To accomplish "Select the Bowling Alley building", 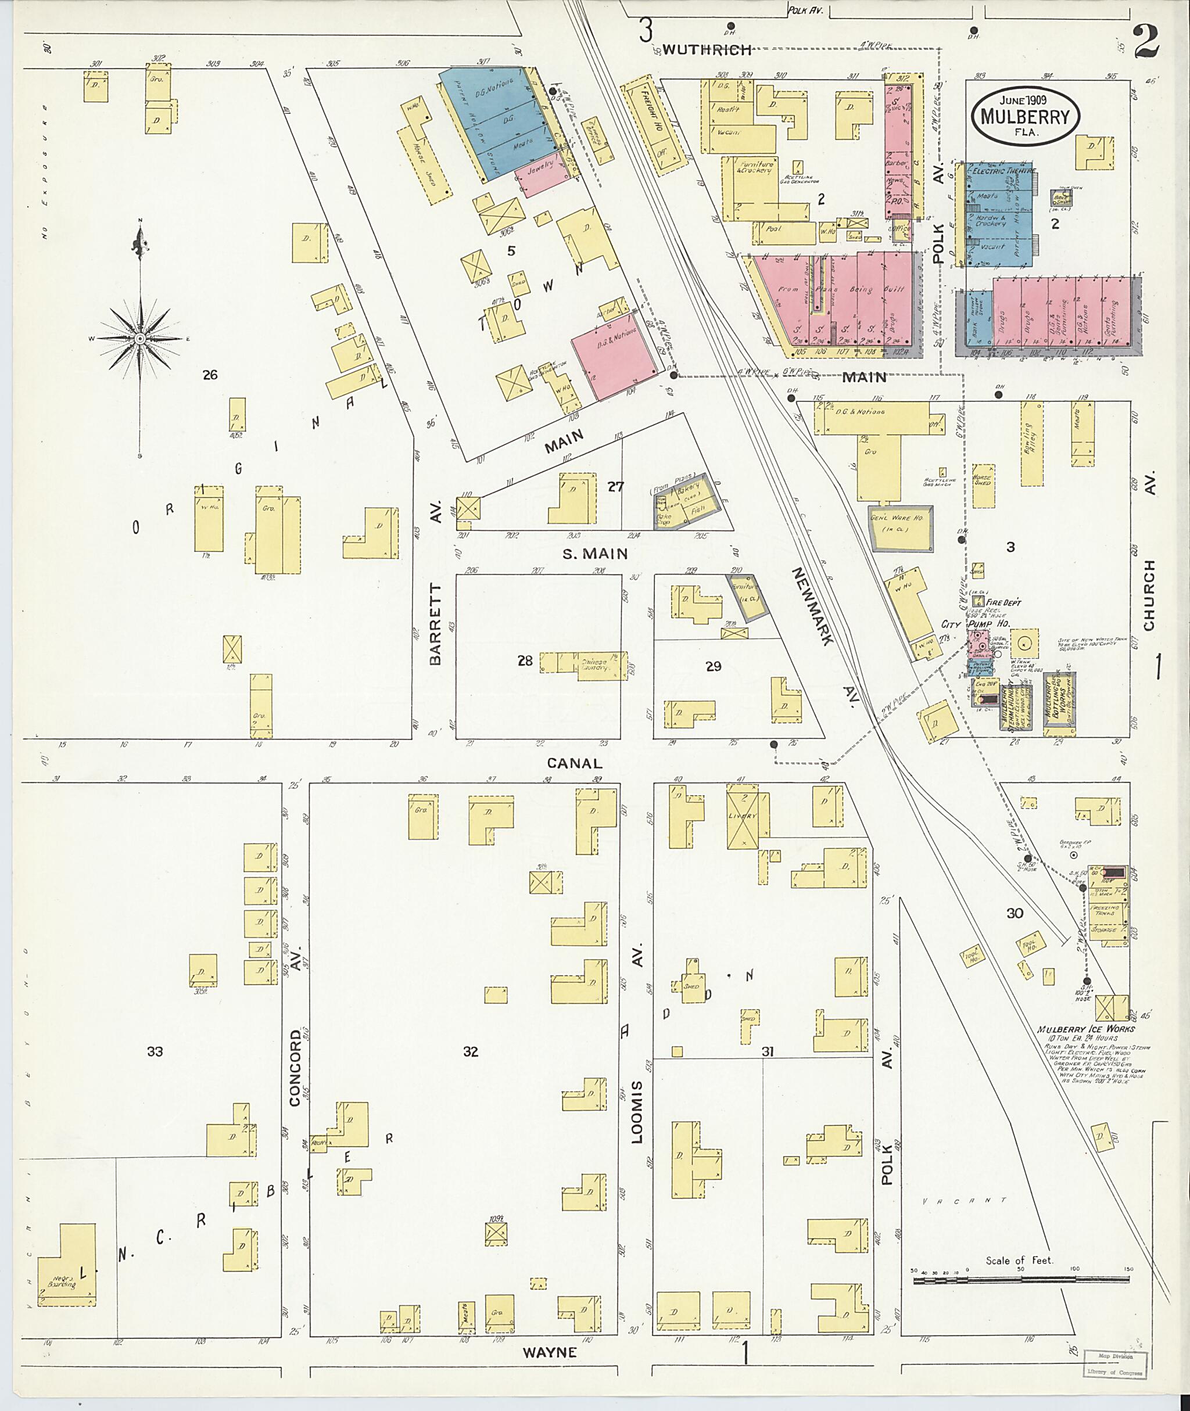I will pyautogui.click(x=1031, y=443).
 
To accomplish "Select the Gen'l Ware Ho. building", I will pyautogui.click(x=901, y=529).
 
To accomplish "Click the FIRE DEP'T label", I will pyautogui.click(x=1003, y=602).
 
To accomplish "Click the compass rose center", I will pyautogui.click(x=139, y=338).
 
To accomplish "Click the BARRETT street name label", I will pyautogui.click(x=435, y=624).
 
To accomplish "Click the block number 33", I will pyautogui.click(x=155, y=1051).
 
